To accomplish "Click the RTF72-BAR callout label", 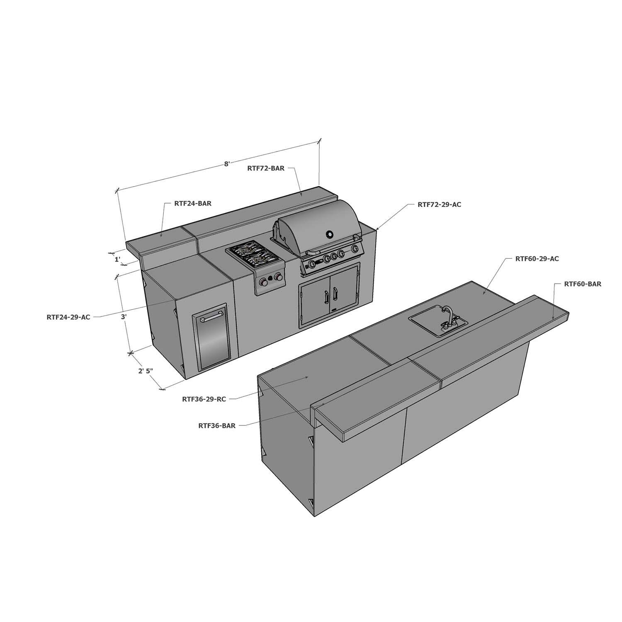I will click(x=266, y=168).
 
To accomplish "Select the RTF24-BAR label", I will click(x=193, y=204).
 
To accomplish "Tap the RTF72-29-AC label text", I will click(x=439, y=204).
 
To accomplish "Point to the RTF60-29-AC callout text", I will click(x=537, y=259).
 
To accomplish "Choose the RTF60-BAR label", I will click(x=582, y=284).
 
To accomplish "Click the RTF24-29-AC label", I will click(x=68, y=317).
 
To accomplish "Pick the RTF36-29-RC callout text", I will click(x=204, y=399).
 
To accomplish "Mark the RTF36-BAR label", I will click(x=217, y=425).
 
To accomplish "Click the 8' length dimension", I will click(x=227, y=164).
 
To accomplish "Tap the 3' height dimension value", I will click(x=123, y=317).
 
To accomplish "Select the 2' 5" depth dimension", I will click(x=146, y=371).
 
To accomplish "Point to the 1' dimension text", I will click(x=117, y=260).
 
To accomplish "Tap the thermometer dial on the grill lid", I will click(x=330, y=234).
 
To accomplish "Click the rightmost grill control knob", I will click(x=355, y=249).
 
